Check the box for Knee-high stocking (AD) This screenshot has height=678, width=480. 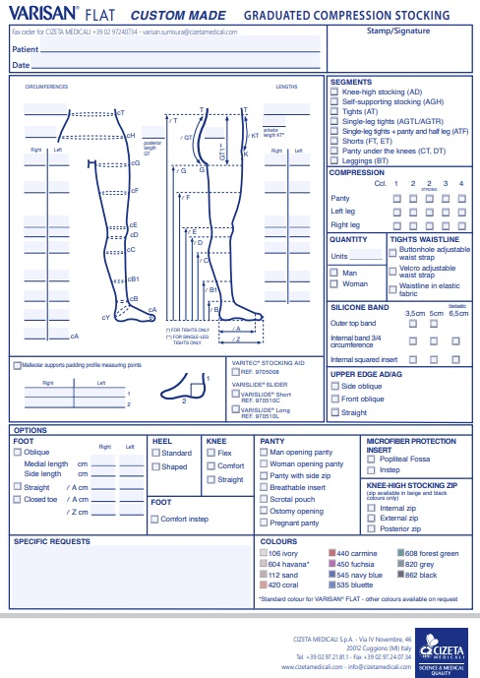334,92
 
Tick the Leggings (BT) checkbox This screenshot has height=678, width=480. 334,159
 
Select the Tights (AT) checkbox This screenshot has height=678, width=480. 334,111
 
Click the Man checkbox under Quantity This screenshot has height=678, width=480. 334,273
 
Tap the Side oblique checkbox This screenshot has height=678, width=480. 334,387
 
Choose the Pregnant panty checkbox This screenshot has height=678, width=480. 263,524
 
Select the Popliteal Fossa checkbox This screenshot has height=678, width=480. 373,460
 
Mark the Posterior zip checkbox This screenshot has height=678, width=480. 373,529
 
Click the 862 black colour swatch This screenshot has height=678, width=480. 398,573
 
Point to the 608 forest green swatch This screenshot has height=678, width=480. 398,554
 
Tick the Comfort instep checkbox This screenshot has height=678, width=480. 155,519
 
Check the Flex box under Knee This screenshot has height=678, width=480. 210,453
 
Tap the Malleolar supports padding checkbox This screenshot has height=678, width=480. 17,365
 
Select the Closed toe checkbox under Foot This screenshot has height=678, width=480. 17,500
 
